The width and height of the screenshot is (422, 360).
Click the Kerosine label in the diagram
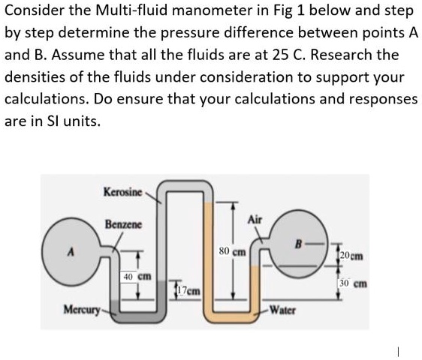tap(125, 192)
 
